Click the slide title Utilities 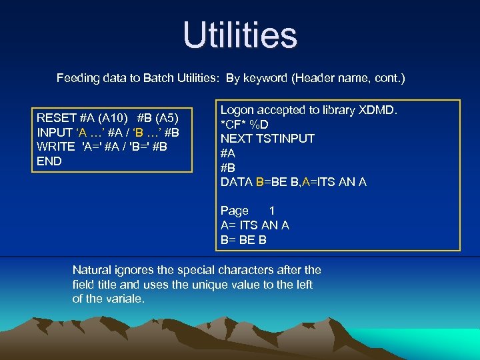click(240, 35)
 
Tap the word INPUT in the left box click(56, 132)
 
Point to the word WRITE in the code click(56, 147)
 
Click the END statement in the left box click(49, 161)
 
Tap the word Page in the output click(235, 211)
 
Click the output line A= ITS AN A click(255, 225)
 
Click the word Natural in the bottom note click(93, 270)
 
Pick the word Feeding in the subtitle click(79, 79)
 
